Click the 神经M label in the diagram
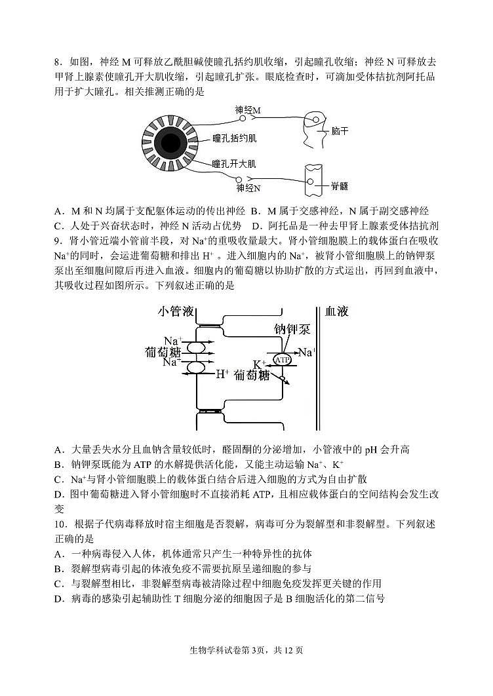[x=248, y=110]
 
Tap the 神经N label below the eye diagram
[x=248, y=188]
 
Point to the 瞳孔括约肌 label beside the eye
[x=234, y=138]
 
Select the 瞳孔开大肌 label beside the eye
[x=234, y=163]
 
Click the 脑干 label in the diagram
[x=340, y=131]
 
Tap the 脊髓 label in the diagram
[x=340, y=185]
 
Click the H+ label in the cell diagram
[x=222, y=374]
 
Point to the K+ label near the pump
[x=260, y=364]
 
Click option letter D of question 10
[x=58, y=598]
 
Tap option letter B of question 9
[x=58, y=464]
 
